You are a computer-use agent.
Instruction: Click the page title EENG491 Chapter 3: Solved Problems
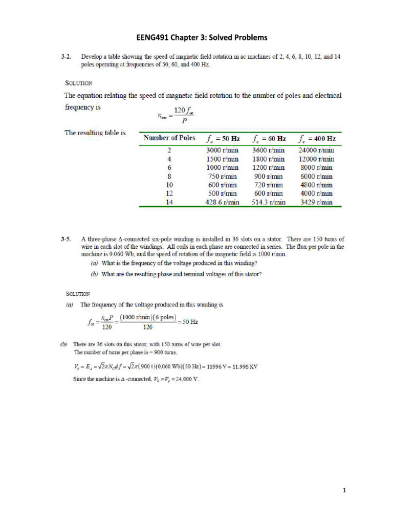(197, 37)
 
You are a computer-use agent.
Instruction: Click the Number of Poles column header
(169, 138)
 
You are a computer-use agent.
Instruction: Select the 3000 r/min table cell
(222, 150)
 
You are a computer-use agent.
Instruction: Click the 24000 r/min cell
(316, 150)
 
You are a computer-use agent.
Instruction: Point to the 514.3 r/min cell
(269, 202)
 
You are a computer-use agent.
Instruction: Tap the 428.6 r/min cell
(222, 202)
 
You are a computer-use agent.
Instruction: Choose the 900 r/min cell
(269, 176)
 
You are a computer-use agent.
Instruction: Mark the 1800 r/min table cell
(269, 159)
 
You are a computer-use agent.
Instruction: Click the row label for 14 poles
(169, 202)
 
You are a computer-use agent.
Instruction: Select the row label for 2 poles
(169, 150)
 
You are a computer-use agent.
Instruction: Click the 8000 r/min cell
(316, 167)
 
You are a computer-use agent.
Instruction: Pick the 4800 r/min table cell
(316, 185)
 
